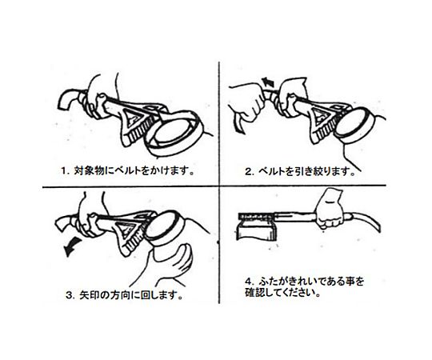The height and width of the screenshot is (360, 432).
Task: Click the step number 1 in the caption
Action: (x=64, y=171)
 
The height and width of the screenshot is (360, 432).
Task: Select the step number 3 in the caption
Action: (x=70, y=295)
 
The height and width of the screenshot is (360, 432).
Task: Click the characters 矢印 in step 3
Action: (x=87, y=295)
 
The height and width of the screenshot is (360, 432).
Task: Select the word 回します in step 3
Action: (x=158, y=295)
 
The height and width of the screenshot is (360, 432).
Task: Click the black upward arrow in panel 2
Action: (x=268, y=82)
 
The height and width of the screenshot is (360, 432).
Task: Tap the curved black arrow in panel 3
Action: (x=72, y=247)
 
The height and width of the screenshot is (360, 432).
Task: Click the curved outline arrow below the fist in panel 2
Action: (x=238, y=123)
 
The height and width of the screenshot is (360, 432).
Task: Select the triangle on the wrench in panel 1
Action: (x=132, y=118)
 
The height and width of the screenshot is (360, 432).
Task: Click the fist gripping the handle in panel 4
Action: (x=330, y=210)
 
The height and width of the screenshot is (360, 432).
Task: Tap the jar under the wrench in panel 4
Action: (x=256, y=228)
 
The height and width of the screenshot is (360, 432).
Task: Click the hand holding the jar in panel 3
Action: (x=171, y=266)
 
